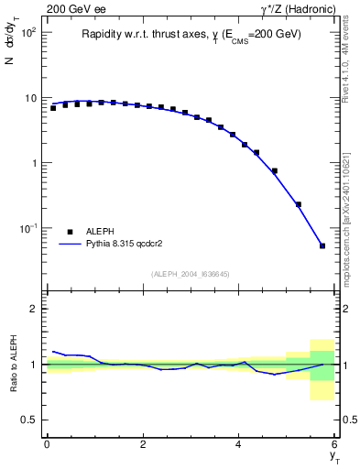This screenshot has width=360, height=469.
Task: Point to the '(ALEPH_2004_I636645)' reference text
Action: tap(191, 273)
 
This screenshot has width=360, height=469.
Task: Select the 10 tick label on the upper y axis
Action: tap(29, 98)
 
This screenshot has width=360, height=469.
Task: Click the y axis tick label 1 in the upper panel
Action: tap(33, 163)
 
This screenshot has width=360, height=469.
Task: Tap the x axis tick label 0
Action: tap(47, 444)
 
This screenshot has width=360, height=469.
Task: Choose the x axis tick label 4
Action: tap(239, 444)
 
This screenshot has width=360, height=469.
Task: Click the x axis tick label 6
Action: tap(335, 444)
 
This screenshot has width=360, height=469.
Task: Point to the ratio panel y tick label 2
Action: tap(34, 309)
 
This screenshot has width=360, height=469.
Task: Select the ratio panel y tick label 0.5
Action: tap(29, 420)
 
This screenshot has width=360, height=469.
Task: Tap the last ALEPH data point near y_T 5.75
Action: tap(322, 245)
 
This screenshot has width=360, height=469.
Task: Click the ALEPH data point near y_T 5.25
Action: tap(299, 204)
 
